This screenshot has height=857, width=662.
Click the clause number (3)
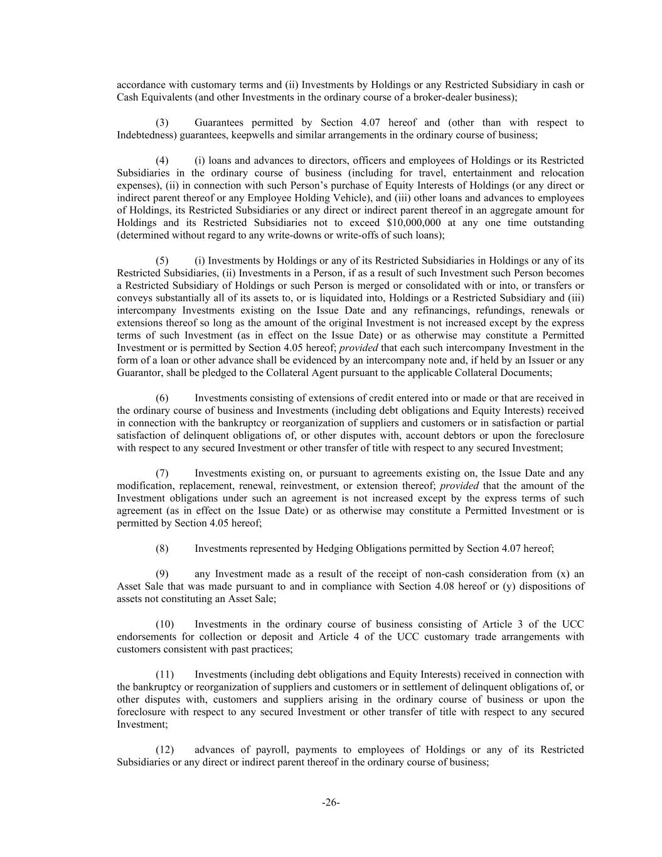pyautogui.click(x=162, y=122)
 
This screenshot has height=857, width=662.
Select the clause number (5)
pyautogui.click(x=162, y=261)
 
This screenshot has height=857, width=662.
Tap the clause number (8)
pyautogui.click(x=162, y=549)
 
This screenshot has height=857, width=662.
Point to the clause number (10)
pyautogui.click(x=164, y=624)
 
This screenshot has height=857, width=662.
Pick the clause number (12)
pyautogui.click(x=164, y=750)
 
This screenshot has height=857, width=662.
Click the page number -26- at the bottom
pyautogui.click(x=331, y=802)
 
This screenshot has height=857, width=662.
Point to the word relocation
pyautogui.click(x=558, y=173)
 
